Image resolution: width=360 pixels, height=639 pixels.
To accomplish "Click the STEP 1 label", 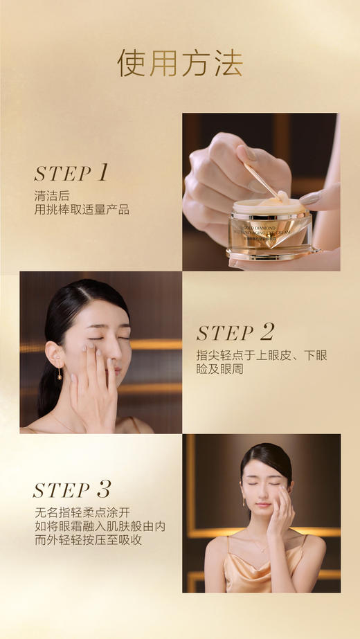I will click(71, 173).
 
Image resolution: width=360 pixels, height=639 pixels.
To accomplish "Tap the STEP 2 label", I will click(235, 333).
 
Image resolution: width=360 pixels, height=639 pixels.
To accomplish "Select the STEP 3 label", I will click(71, 490).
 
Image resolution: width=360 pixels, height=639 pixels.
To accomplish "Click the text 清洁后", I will click(52, 195).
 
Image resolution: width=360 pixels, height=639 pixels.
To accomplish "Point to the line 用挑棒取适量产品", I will click(82, 210).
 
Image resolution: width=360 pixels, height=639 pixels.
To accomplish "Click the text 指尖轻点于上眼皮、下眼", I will click(261, 356).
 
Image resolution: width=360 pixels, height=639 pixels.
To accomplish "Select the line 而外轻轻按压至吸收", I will click(88, 540).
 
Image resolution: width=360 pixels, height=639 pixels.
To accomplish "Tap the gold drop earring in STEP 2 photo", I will click(60, 375).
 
